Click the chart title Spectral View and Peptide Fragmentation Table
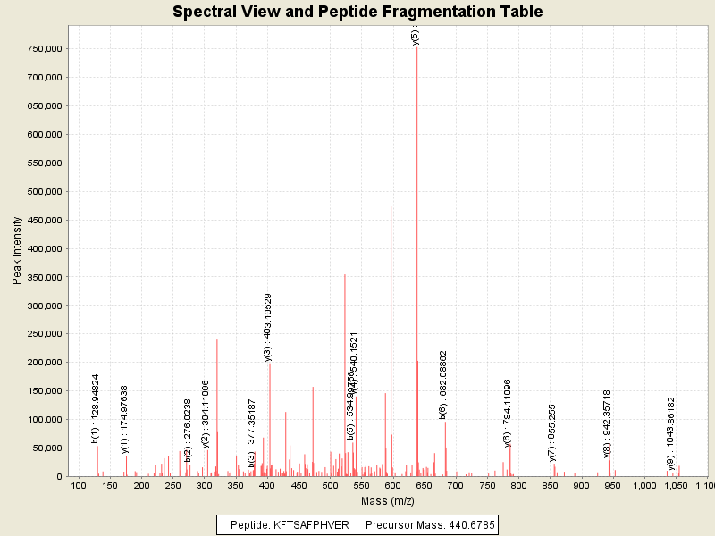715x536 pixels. pos(357,12)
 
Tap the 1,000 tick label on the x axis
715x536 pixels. pos(644,485)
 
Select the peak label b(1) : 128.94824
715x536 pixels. pos(96,408)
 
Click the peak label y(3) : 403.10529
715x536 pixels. pos(268,327)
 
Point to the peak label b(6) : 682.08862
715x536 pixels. pos(443,384)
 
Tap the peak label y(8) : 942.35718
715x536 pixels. pos(607,423)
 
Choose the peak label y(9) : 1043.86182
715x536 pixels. pos(671,433)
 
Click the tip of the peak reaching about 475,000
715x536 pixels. pos(391,206)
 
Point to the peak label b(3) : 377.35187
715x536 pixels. pos(252,421)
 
